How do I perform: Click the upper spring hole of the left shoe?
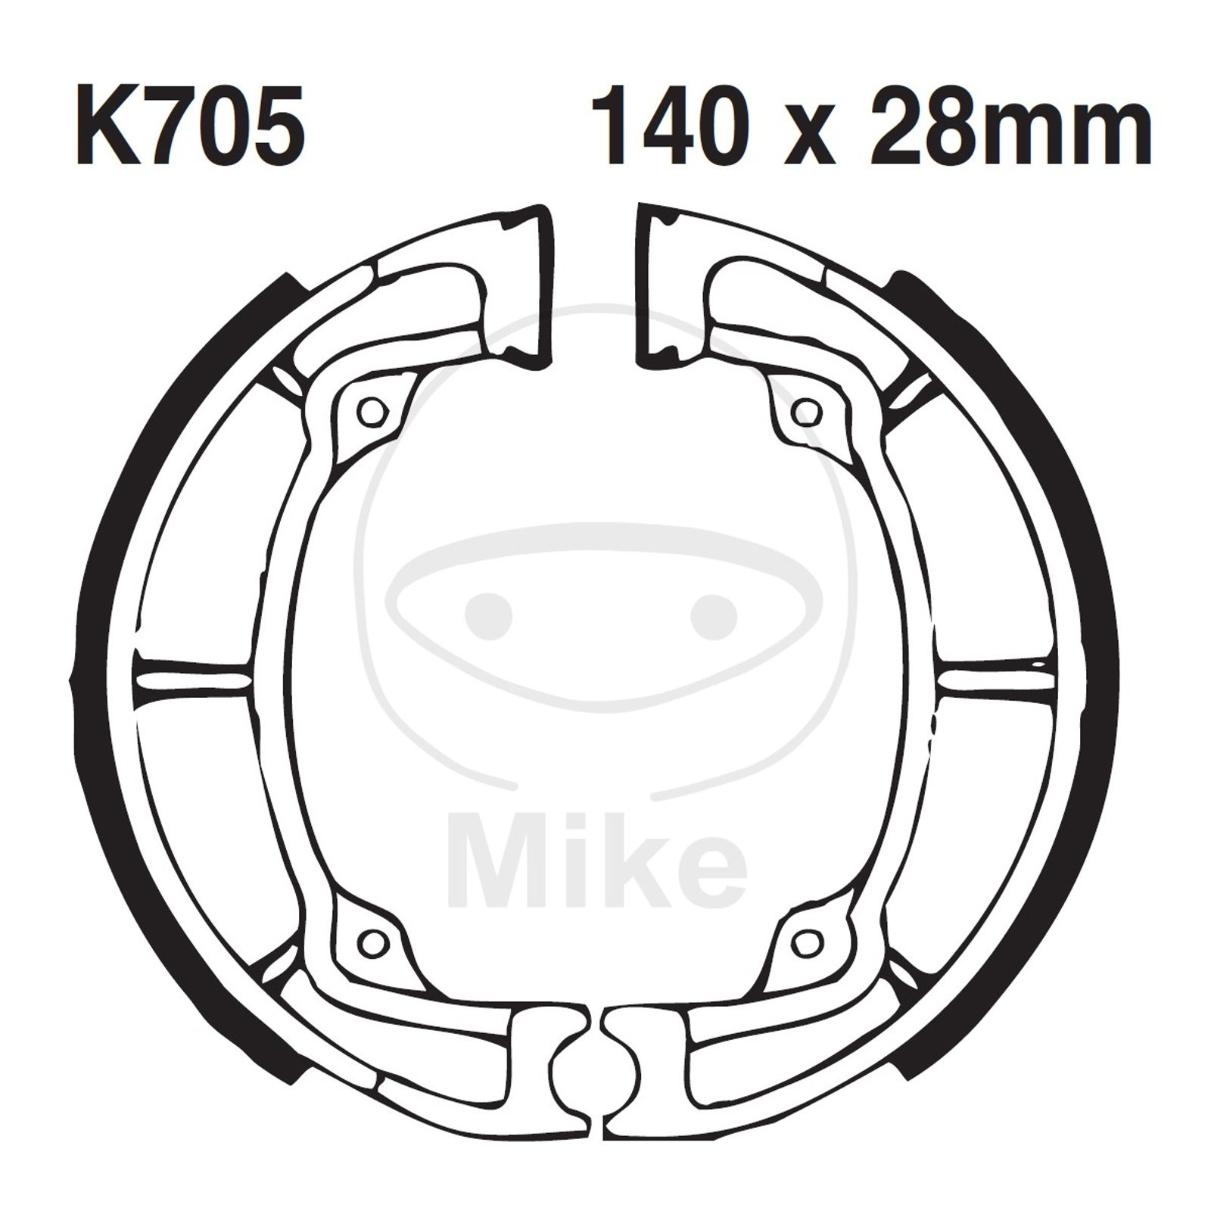tap(372, 412)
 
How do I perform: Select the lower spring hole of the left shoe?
tap(372, 942)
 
